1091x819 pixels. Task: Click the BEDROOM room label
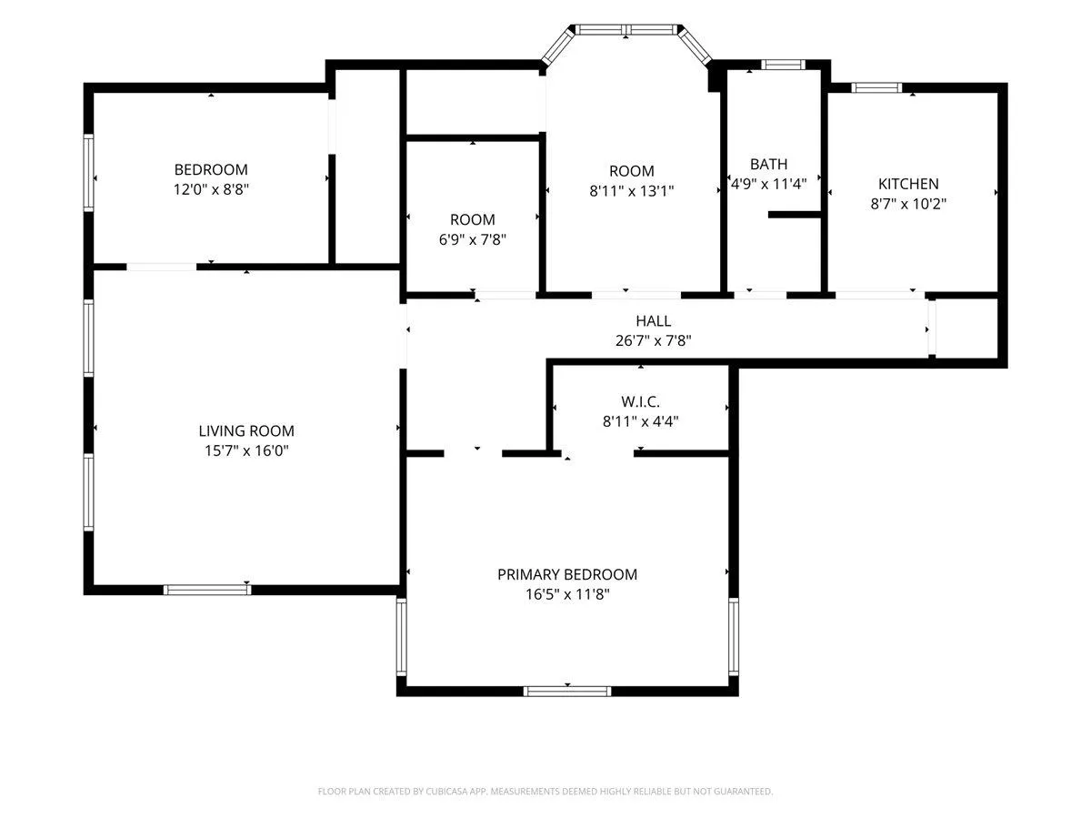(211, 169)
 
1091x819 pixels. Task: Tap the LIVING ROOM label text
(246, 430)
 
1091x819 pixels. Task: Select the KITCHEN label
(908, 184)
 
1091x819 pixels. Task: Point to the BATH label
(768, 164)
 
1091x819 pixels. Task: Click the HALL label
(653, 320)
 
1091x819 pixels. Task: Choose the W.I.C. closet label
(640, 401)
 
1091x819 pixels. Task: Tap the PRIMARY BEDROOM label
(567, 574)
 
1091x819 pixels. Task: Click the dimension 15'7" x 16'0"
(246, 450)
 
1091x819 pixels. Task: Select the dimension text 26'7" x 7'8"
(653, 340)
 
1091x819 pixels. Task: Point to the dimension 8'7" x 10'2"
(908, 204)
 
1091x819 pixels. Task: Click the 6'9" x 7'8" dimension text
(472, 239)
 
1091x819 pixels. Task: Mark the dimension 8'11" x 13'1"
(631, 191)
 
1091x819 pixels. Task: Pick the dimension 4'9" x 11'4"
(768, 184)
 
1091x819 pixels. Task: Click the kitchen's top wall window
(876, 88)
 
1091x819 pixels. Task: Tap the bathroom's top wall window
(783, 65)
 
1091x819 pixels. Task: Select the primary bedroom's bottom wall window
(567, 692)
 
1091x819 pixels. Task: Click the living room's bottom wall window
(207, 590)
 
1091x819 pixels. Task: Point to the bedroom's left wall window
(88, 173)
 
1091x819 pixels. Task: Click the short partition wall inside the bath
(795, 215)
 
